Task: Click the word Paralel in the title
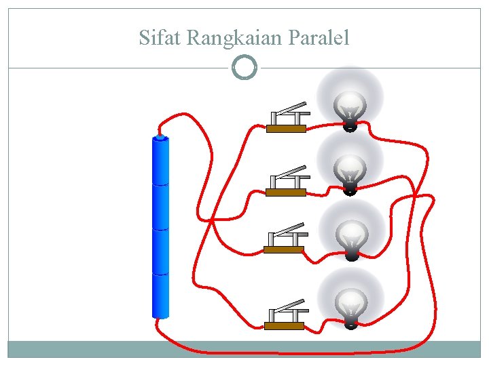point(319,38)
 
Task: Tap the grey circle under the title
point(244,68)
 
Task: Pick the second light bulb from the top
point(350,169)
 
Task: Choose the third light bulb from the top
point(352,236)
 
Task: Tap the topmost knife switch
point(287,118)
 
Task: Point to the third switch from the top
point(284,239)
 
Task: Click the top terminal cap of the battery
point(160,137)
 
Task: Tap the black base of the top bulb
point(349,126)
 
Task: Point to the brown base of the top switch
point(286,129)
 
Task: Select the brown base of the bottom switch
point(284,326)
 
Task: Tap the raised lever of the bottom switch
point(288,304)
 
